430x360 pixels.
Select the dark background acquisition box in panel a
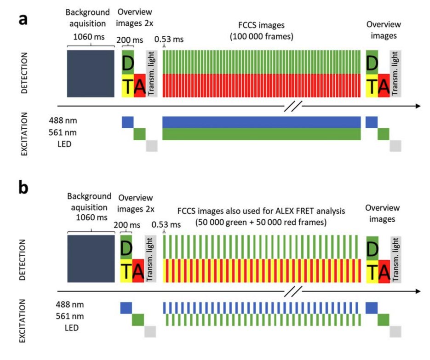(x=90, y=74)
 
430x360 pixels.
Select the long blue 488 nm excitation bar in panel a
(x=261, y=122)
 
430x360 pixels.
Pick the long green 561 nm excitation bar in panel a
(x=261, y=134)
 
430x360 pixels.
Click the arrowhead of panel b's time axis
(x=417, y=291)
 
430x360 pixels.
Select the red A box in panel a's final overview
(x=383, y=86)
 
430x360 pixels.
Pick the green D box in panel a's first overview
(x=127, y=63)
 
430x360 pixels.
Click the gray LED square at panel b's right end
(x=396, y=331)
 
